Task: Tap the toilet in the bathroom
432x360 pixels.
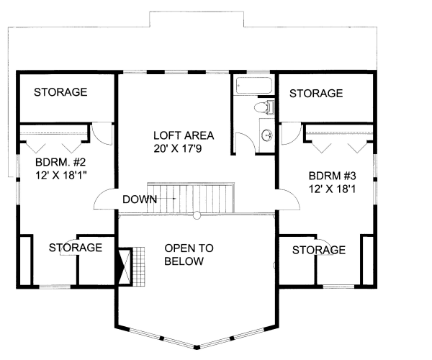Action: coord(265,109)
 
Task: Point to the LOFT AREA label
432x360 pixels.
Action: coord(184,135)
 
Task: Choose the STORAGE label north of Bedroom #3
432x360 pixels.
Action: coord(315,93)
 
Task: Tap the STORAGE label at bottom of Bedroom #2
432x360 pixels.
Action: coord(75,247)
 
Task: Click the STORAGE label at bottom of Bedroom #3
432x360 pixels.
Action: coord(318,250)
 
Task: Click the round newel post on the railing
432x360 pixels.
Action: coord(197,214)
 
